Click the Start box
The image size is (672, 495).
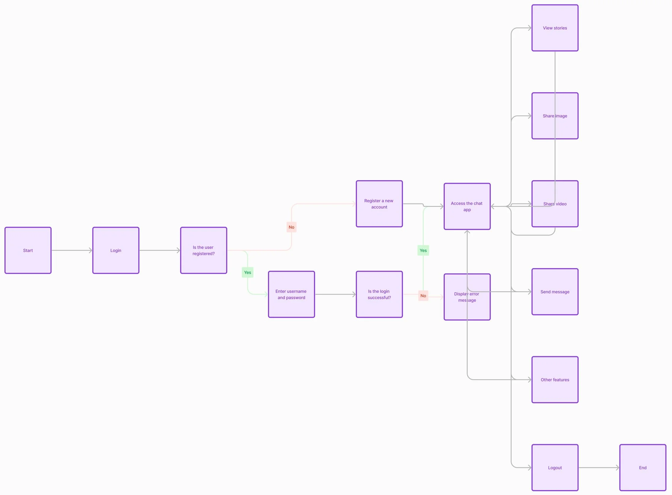click(x=28, y=250)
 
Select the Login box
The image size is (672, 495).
click(x=116, y=250)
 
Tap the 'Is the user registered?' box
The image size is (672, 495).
click(x=203, y=250)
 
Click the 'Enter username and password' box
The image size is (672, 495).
click(x=291, y=294)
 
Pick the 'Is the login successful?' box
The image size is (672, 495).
click(x=379, y=294)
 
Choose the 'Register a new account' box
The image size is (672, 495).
click(x=379, y=204)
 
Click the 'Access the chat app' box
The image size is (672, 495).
click(x=467, y=206)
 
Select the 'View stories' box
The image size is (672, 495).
click(x=555, y=28)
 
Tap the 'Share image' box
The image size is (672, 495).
click(x=555, y=116)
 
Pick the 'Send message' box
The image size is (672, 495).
click(x=555, y=291)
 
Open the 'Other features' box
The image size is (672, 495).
click(x=555, y=380)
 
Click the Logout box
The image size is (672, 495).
click(x=555, y=467)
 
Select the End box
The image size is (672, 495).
click(x=643, y=467)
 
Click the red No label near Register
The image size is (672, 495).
click(x=291, y=227)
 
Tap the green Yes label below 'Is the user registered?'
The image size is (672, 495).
click(x=247, y=273)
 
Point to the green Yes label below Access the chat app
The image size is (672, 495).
click(x=423, y=251)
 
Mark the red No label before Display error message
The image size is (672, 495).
click(x=423, y=296)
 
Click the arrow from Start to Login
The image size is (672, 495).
click(x=72, y=250)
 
